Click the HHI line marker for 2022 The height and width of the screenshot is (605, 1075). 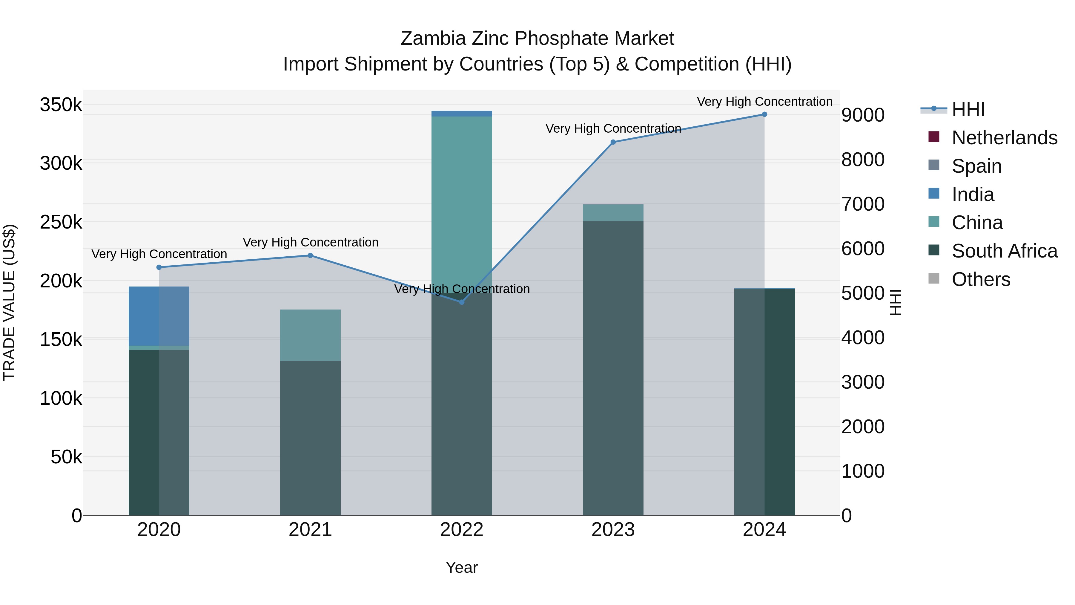(x=462, y=302)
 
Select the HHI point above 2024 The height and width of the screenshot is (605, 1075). (x=764, y=114)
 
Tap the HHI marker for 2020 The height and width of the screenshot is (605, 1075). (x=159, y=267)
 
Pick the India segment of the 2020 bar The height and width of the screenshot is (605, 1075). (x=159, y=316)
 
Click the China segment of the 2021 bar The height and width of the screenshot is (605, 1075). (x=310, y=335)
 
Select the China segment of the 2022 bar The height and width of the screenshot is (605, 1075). (x=462, y=200)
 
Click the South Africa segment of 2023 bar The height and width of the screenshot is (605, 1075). (x=613, y=367)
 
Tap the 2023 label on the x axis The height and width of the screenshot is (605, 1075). (x=613, y=530)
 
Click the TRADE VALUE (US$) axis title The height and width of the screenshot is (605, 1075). (x=9, y=302)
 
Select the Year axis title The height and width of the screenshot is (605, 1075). (x=462, y=567)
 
